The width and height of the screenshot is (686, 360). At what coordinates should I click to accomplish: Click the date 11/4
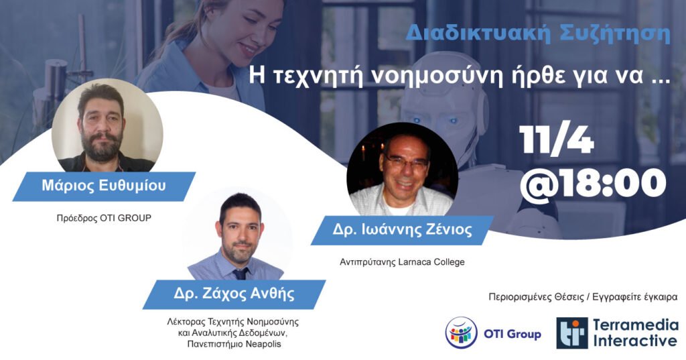[556, 139]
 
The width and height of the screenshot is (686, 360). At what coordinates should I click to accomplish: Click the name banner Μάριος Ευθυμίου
[104, 186]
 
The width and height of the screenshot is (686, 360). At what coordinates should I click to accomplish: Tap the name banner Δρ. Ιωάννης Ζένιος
[402, 230]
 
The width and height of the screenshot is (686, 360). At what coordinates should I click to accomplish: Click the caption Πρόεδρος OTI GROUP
[104, 218]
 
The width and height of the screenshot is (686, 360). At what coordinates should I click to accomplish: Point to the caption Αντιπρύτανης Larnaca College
[402, 262]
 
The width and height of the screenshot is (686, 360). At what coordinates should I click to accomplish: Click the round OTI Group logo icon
[462, 333]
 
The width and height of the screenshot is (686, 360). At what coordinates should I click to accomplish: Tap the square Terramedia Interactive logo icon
[572, 333]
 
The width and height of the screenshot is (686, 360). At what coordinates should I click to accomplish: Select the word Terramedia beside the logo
[636, 325]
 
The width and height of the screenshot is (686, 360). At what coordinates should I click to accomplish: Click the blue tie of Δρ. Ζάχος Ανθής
[240, 274]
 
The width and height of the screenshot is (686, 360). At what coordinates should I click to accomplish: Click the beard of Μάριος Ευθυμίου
[102, 147]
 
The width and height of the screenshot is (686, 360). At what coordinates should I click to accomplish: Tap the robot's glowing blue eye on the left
[417, 119]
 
